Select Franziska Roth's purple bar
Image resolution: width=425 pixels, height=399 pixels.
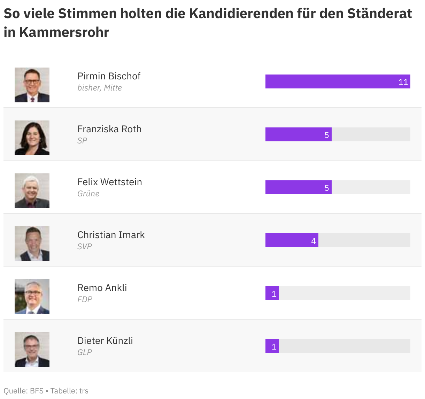coord(298,134)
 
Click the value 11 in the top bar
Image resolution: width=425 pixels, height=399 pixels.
coord(403,82)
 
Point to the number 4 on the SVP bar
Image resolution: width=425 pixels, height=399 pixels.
coord(313,241)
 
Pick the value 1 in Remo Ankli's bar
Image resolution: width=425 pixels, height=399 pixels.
coord(274,294)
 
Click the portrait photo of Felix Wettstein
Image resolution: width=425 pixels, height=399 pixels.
coord(32,191)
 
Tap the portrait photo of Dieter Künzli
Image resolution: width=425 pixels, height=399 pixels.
coord(32,350)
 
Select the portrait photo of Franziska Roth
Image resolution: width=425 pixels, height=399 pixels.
coord(32,138)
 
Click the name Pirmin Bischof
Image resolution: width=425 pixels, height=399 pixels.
coord(109,76)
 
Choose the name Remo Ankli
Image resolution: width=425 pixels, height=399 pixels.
coord(102,288)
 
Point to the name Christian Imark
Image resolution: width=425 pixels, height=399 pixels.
coord(111,235)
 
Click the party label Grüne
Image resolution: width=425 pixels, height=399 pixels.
coord(88,194)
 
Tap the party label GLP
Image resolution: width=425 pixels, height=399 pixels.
coord(85,352)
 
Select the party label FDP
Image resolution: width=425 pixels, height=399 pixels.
coord(85,299)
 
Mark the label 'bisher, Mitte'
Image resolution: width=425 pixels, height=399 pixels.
coord(100,88)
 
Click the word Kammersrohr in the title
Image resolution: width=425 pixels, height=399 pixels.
coord(64,32)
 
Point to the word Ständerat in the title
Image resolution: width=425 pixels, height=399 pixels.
coord(380,13)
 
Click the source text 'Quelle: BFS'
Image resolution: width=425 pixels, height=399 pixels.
coord(23,391)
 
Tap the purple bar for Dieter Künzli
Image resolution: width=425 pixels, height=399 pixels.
coord(272,346)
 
